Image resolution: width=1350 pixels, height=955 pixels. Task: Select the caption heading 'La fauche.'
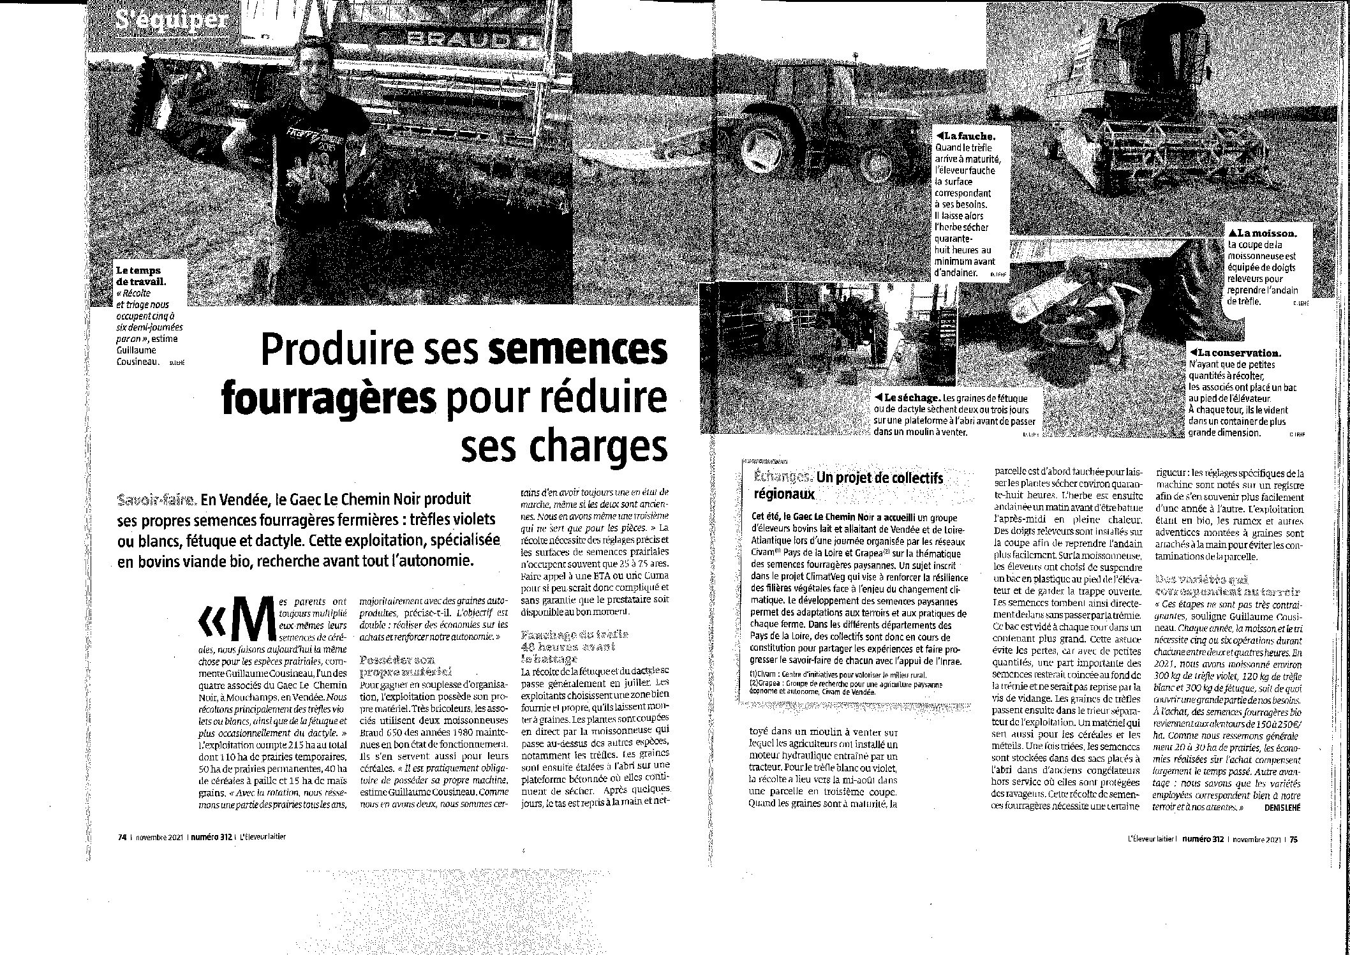pyautogui.click(x=964, y=137)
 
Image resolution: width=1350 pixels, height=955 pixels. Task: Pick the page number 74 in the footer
pyautogui.click(x=122, y=838)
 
